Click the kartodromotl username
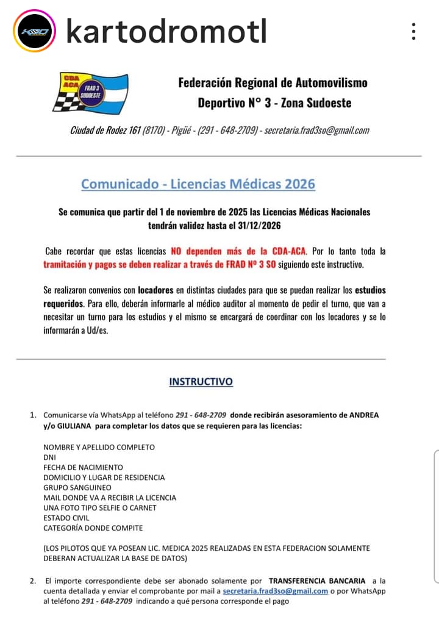pyautogui.click(x=166, y=30)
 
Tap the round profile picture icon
pyautogui.click(x=35, y=30)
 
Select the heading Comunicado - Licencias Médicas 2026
pyautogui.click(x=198, y=184)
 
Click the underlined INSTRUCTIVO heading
pyautogui.click(x=201, y=382)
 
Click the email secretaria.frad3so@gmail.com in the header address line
pyautogui.click(x=316, y=130)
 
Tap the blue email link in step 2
pyautogui.click(x=275, y=591)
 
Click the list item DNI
pyautogui.click(x=49, y=457)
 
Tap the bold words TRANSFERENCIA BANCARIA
pyautogui.click(x=317, y=581)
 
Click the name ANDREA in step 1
pyautogui.click(x=363, y=415)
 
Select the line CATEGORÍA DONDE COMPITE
pyautogui.click(x=93, y=528)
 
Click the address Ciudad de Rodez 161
pyautogui.click(x=105, y=130)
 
